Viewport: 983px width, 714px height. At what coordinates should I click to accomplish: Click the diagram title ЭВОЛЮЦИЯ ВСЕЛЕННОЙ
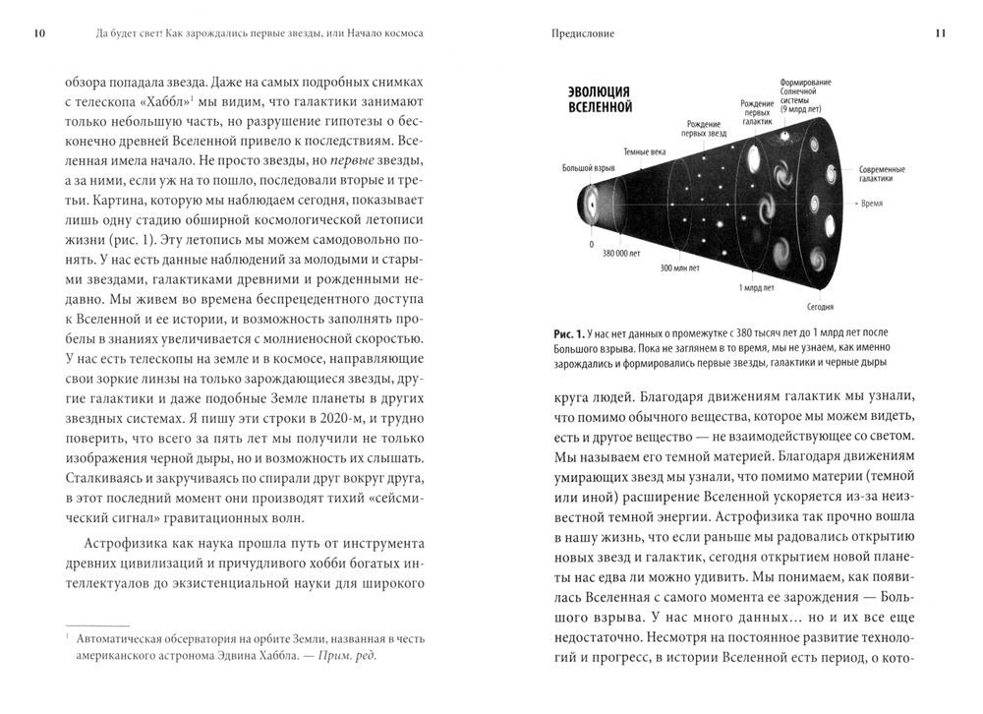[601, 98]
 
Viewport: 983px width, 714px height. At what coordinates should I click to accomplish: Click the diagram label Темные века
[645, 151]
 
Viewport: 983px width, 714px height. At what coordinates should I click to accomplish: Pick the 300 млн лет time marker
[680, 268]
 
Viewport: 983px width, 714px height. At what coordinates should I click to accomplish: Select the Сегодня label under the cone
[821, 306]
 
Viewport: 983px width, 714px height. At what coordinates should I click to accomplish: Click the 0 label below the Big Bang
[591, 242]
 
